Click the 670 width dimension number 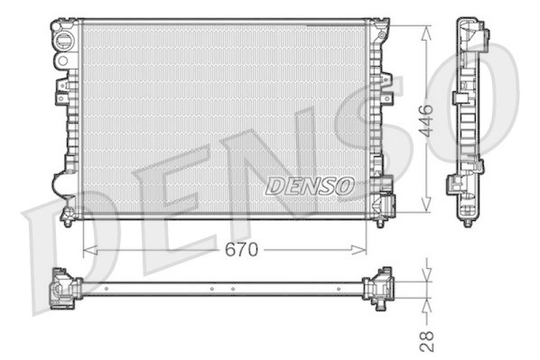point(242,250)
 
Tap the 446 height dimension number point(426,121)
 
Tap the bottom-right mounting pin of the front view point(380,221)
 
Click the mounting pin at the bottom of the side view point(467,221)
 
